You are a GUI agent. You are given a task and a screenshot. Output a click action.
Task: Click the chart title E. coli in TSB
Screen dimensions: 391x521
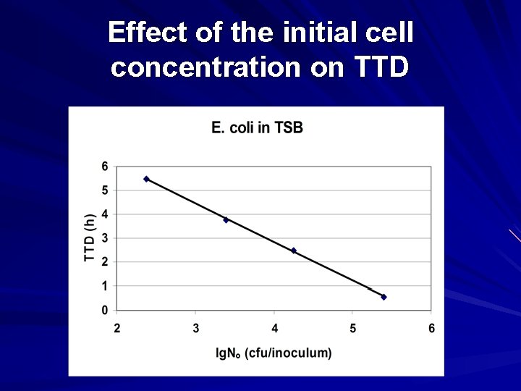tap(257, 128)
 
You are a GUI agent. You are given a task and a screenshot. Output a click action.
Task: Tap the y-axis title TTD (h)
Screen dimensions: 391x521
tap(90, 238)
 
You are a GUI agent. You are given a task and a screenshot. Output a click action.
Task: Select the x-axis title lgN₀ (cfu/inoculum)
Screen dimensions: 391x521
tap(274, 353)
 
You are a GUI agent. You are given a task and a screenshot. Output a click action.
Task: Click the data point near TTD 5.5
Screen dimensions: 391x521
tap(146, 179)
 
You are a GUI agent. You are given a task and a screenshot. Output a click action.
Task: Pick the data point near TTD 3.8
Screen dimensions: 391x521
tap(226, 220)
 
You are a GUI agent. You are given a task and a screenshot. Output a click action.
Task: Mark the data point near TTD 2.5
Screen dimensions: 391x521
tap(293, 251)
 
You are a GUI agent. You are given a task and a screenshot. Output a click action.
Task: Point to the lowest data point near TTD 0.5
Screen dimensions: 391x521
tap(384, 297)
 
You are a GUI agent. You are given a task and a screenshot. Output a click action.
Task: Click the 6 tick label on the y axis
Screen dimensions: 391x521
tap(105, 167)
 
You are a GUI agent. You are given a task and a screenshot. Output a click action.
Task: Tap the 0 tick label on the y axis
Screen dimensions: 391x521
tap(105, 311)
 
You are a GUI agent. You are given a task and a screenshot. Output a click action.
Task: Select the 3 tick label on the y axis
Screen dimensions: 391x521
tap(105, 238)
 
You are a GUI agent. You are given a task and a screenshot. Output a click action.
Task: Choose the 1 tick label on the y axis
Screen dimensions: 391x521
tap(105, 287)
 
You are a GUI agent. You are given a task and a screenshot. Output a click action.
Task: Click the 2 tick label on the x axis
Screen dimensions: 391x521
tap(117, 329)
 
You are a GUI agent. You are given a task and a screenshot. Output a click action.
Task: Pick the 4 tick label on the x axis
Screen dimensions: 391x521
tap(274, 329)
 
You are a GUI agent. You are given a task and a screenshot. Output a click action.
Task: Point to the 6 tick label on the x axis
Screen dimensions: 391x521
tap(431, 329)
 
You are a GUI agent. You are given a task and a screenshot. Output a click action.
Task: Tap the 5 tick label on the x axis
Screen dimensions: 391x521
tap(353, 329)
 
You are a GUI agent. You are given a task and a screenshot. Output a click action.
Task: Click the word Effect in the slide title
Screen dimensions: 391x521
tap(147, 33)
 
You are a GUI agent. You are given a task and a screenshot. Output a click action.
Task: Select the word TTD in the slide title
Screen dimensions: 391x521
tap(381, 67)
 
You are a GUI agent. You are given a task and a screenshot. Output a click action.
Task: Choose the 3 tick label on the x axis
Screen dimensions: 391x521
tap(196, 329)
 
